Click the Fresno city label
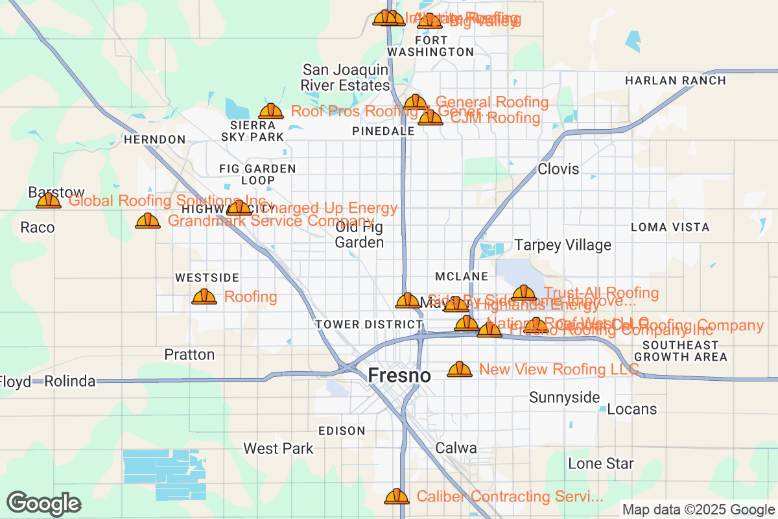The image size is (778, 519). (399, 376)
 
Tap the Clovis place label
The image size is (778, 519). (558, 169)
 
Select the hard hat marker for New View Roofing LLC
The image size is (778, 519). (460, 370)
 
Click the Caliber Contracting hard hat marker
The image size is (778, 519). (397, 497)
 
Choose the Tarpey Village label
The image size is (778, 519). (562, 245)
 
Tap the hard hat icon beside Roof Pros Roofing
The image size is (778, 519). (271, 112)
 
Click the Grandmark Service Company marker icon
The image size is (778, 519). (148, 221)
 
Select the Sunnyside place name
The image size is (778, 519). (564, 397)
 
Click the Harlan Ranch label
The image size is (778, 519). (675, 80)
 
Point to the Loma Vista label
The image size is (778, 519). (670, 228)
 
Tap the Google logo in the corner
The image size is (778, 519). (44, 503)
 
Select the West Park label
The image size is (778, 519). (278, 448)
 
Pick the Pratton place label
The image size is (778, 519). (189, 354)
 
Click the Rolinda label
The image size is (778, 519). (69, 381)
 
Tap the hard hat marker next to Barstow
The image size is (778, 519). (49, 201)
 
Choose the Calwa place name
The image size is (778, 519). (456, 448)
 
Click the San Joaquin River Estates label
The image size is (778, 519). (345, 77)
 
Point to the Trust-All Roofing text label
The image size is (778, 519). (602, 293)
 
